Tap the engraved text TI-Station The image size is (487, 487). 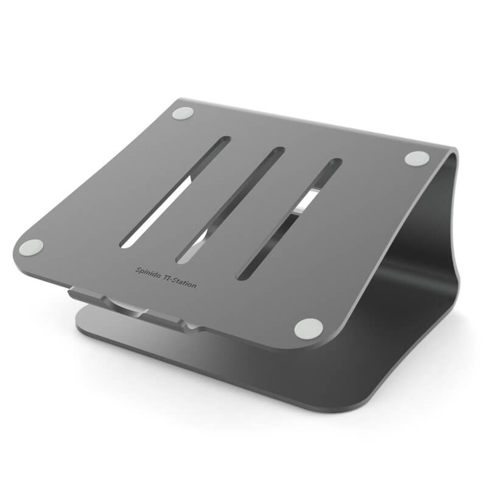click(181, 281)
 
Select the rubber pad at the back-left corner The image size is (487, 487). click(182, 113)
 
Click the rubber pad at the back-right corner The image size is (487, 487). click(416, 158)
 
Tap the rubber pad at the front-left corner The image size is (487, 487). click(31, 247)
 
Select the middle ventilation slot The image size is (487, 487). click(230, 205)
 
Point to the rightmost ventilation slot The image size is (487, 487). click(290, 219)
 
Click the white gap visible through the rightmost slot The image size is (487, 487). click(307, 201)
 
